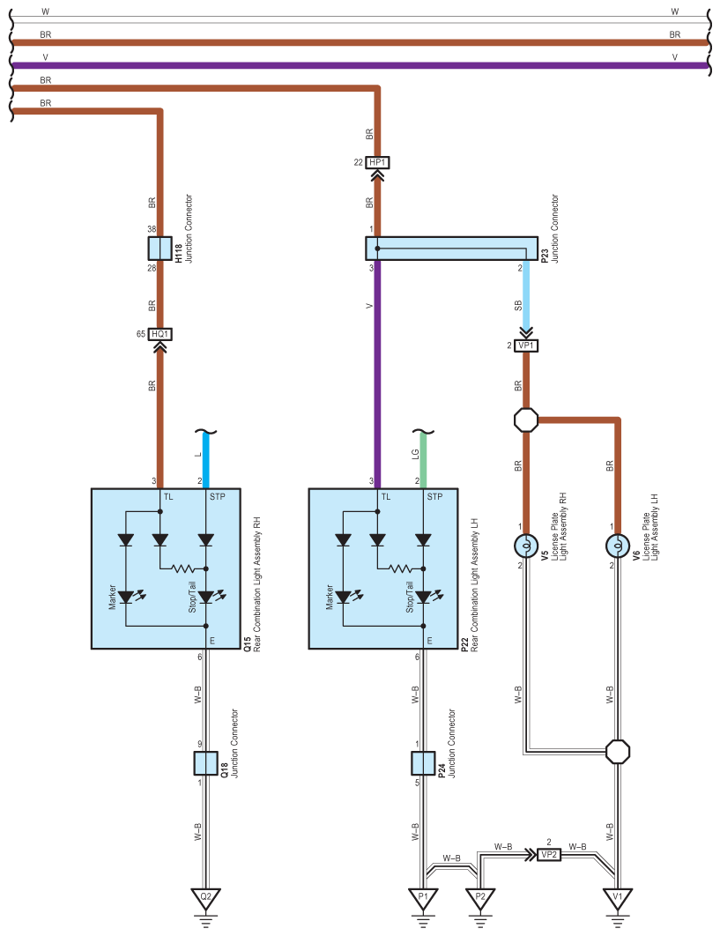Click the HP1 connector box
tap(377, 162)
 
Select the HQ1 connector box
tap(160, 334)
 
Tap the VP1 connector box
tap(526, 345)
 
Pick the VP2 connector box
tap(549, 855)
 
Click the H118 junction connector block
tap(160, 249)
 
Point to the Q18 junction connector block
tap(206, 763)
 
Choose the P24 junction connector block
tap(423, 763)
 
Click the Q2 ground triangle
tap(206, 898)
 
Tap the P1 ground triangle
tap(423, 898)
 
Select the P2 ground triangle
tap(480, 898)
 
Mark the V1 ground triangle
tap(618, 898)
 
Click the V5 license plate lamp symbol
tap(526, 546)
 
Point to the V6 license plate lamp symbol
tap(618, 546)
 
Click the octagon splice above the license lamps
tap(526, 420)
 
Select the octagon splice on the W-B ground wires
tap(618, 752)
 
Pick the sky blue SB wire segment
tap(526, 295)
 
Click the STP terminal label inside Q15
tap(218, 497)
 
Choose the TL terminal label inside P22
tap(386, 497)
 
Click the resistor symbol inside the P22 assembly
tap(399, 568)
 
